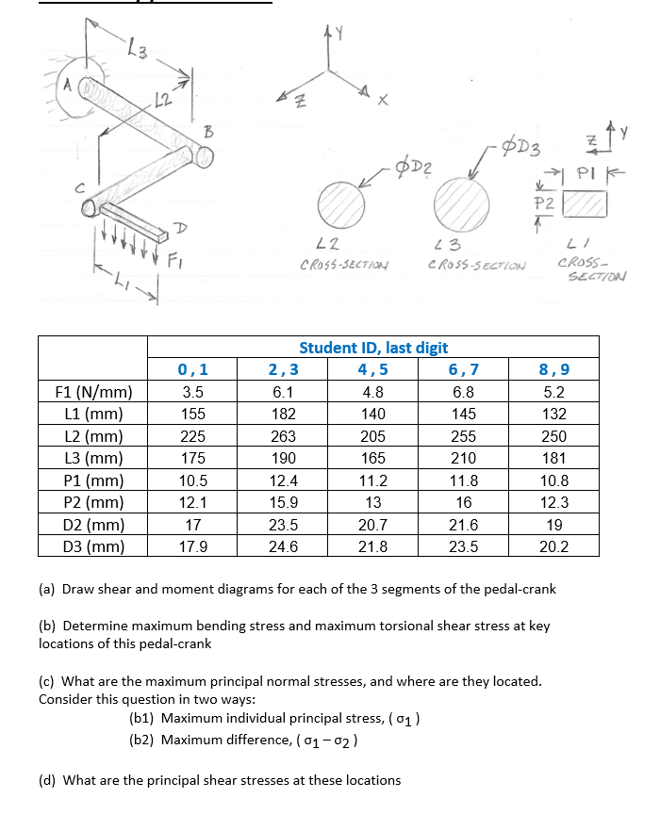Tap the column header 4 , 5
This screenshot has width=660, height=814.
coord(372,369)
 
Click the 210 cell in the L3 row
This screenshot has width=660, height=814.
coord(463,458)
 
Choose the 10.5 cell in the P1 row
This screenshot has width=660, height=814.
coord(193,480)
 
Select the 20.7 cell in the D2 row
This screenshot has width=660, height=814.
coord(372,525)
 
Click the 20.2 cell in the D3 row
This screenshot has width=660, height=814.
coord(553,546)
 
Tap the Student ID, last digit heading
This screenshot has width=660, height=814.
coord(372,348)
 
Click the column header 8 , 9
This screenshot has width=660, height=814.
coord(553,369)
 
